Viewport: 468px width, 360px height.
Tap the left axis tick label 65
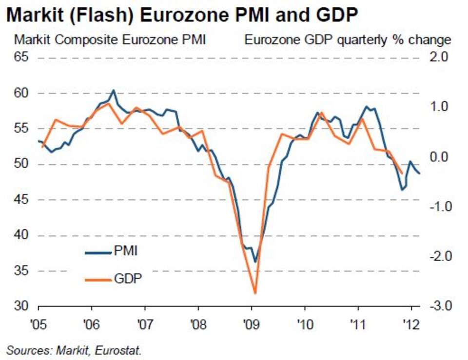[x=21, y=57]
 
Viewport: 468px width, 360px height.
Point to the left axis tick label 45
[x=21, y=199]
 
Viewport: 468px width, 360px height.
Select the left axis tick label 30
[x=21, y=306]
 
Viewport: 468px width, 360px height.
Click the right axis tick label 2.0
[x=439, y=57]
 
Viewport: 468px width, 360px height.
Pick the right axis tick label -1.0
[x=439, y=206]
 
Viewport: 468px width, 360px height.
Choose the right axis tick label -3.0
[x=439, y=306]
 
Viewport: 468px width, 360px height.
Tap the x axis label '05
[x=39, y=324]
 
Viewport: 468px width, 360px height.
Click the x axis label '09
[x=252, y=324]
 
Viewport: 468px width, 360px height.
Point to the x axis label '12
[x=411, y=324]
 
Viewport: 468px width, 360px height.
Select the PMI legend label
[x=126, y=251]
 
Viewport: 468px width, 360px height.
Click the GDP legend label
[x=128, y=279]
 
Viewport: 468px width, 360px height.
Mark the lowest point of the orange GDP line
[x=255, y=293]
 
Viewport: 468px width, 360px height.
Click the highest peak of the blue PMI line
[x=113, y=90]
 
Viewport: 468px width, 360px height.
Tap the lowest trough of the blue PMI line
[x=255, y=262]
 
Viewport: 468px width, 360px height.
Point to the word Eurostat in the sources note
[x=117, y=350]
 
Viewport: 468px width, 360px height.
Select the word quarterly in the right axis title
[x=362, y=40]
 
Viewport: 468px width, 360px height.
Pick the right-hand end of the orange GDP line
[x=402, y=173]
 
